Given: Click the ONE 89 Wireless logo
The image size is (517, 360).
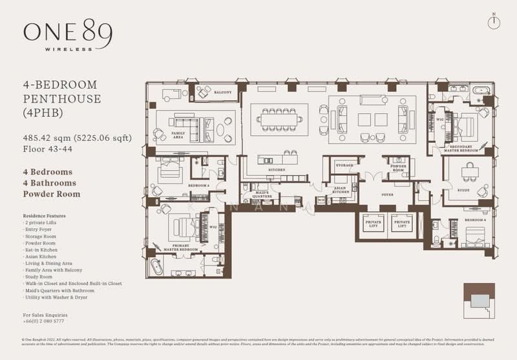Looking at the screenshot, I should (x=67, y=36).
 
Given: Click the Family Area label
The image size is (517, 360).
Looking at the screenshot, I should (x=178, y=133).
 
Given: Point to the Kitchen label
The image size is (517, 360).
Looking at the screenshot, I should (x=278, y=169).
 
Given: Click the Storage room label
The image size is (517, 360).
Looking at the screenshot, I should (x=344, y=165).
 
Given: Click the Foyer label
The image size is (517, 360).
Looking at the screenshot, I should (x=388, y=194).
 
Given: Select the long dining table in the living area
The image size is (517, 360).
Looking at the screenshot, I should (x=280, y=118).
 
